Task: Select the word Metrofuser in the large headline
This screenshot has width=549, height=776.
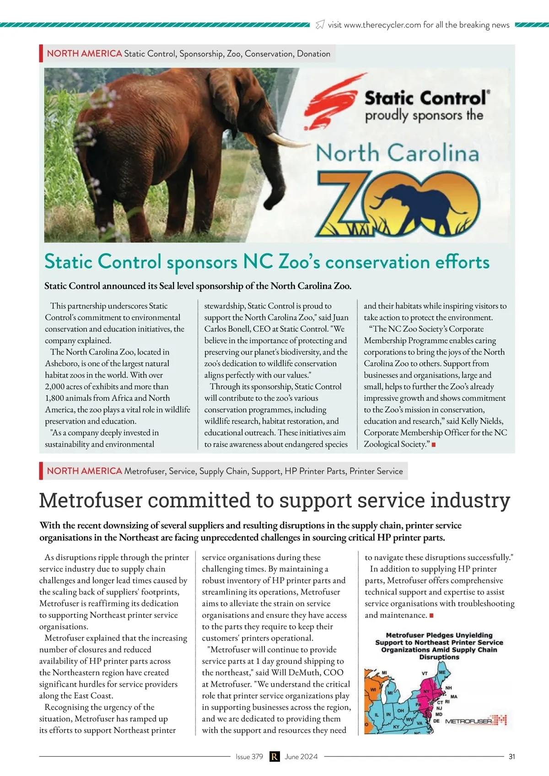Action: tap(91, 500)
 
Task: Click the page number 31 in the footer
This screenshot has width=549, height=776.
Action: tap(511, 756)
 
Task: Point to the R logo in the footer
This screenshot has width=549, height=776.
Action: tap(274, 756)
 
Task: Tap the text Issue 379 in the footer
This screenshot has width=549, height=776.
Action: tap(249, 756)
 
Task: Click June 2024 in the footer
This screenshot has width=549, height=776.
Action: tap(301, 756)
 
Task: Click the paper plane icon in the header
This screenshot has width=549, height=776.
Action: tap(320, 24)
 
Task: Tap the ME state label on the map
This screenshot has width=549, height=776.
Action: tap(442, 672)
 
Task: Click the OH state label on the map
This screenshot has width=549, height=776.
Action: tap(400, 711)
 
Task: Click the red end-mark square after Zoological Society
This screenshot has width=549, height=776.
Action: tap(433, 444)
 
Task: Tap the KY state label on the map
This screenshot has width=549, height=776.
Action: tap(396, 727)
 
